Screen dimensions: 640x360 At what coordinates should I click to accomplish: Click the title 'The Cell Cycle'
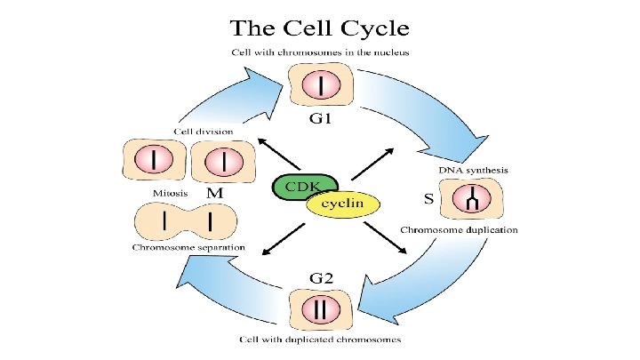click(320, 28)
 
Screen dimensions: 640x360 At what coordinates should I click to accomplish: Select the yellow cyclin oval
click(343, 204)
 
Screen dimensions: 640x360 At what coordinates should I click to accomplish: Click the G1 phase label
click(320, 118)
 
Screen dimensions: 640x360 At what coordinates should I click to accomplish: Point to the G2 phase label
click(321, 278)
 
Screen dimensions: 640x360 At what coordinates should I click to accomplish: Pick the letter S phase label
click(428, 199)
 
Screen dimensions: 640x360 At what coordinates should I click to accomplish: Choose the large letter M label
click(215, 193)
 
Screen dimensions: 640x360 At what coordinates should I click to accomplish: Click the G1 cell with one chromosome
click(321, 84)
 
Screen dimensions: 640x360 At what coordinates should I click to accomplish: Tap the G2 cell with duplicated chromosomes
click(320, 309)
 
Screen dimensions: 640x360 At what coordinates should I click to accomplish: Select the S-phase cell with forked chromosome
click(471, 199)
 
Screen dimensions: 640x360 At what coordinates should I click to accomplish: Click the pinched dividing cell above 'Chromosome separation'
click(185, 221)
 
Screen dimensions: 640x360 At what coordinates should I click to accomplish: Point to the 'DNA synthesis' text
click(474, 170)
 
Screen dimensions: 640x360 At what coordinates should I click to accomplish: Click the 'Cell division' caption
click(204, 132)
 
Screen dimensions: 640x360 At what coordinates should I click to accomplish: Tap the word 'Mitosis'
click(170, 193)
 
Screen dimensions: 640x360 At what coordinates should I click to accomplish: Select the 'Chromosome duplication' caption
click(459, 230)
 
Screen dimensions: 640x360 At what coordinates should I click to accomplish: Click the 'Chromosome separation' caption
click(188, 247)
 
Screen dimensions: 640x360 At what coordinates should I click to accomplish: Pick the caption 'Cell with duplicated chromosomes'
click(320, 340)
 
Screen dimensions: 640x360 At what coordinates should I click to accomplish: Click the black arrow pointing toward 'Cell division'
click(279, 155)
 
